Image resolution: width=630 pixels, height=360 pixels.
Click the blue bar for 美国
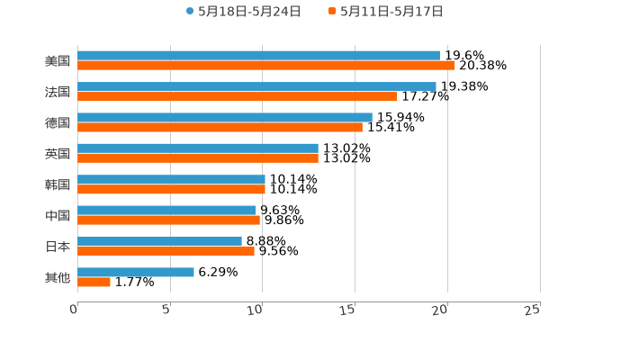258,56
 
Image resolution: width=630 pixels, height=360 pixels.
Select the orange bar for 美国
265,66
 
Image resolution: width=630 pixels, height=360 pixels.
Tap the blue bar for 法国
256,86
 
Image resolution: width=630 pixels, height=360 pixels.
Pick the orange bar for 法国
237,96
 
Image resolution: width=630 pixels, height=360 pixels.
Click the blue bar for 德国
225,117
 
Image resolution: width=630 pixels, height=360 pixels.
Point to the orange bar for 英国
198,158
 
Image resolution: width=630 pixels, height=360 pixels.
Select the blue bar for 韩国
171,179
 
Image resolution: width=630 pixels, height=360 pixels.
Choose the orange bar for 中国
168,220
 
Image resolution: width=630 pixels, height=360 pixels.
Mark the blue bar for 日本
159,241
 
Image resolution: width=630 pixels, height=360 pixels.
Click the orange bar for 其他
94,283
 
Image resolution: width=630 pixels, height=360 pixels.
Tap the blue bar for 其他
135,272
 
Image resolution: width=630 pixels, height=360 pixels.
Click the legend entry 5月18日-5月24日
243,12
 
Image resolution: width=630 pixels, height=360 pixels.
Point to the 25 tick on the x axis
532,310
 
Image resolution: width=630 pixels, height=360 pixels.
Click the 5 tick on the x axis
166,310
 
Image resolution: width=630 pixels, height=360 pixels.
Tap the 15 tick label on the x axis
349,310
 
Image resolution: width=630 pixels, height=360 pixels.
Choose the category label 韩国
58,184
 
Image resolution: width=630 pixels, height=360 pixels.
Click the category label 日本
58,247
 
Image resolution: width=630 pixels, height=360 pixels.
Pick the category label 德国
58,122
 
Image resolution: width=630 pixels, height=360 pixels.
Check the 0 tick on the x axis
74,310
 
